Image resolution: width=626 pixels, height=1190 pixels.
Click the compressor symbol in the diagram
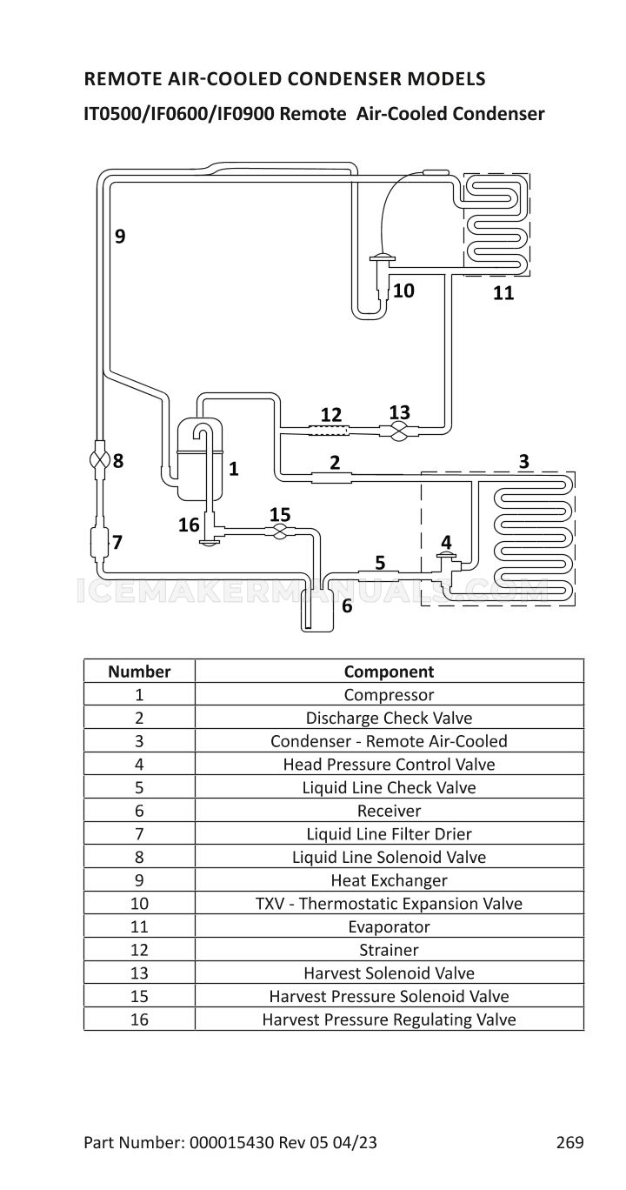(x=198, y=458)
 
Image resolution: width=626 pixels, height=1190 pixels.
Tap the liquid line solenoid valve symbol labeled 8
(x=100, y=460)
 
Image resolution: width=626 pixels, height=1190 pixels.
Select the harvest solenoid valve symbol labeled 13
(x=399, y=430)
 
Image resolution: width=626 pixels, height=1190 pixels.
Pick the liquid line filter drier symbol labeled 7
(x=99, y=542)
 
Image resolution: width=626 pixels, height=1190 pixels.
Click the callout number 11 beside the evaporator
(x=503, y=293)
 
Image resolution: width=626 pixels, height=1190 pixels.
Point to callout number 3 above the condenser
(x=523, y=460)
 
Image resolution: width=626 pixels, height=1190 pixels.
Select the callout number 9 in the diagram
(x=120, y=236)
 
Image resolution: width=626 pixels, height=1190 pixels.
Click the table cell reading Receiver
(x=389, y=811)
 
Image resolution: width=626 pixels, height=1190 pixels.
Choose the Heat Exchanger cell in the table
(x=389, y=880)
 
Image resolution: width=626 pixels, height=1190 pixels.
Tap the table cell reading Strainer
(x=389, y=950)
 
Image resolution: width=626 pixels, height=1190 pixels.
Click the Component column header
(x=389, y=672)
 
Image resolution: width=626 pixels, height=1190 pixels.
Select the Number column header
(x=139, y=672)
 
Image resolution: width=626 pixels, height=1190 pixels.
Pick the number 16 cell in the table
(x=139, y=1020)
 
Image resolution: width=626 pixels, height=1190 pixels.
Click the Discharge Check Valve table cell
(x=389, y=718)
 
